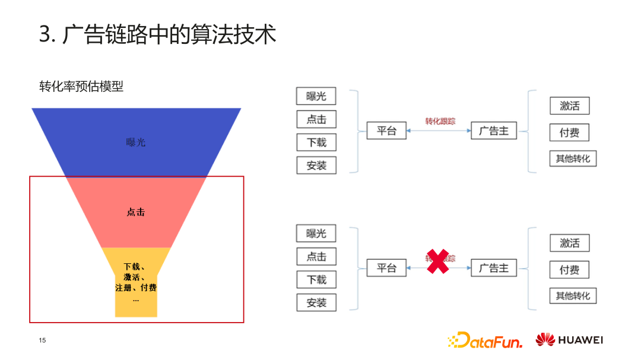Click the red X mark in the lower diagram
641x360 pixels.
(x=437, y=262)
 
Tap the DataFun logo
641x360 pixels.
(x=485, y=340)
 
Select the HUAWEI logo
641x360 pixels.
(x=569, y=340)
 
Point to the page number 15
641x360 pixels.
(x=42, y=340)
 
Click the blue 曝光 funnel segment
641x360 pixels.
(x=136, y=142)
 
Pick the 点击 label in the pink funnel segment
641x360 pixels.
(x=136, y=212)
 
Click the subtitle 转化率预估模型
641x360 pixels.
(x=81, y=87)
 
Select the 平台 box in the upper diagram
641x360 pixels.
(x=386, y=131)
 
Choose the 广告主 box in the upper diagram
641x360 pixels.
(x=494, y=131)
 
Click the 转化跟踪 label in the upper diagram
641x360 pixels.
(x=440, y=121)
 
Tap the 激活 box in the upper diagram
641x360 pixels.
(x=569, y=106)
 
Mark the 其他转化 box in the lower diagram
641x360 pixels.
(x=573, y=295)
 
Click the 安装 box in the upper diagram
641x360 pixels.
(x=316, y=165)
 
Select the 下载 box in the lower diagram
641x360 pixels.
(x=316, y=279)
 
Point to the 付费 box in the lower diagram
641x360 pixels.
(x=569, y=270)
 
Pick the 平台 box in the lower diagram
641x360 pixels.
(x=386, y=268)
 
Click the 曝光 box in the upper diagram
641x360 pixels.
(x=316, y=97)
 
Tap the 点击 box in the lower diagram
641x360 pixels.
(x=316, y=256)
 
